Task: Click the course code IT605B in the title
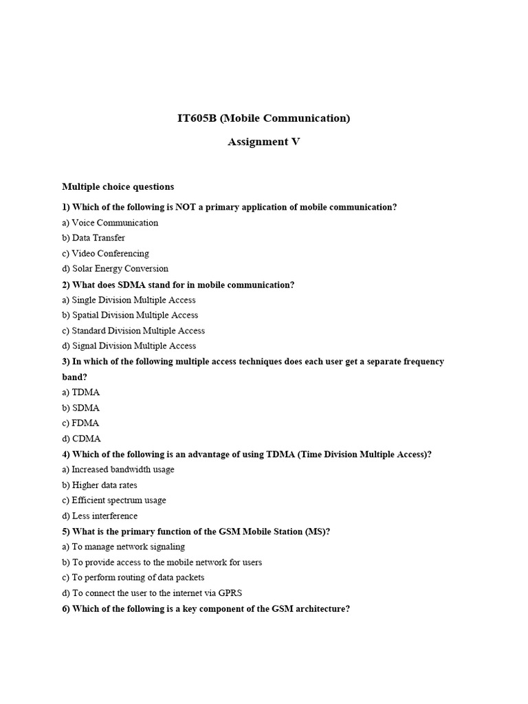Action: (x=197, y=118)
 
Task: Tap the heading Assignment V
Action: (x=264, y=142)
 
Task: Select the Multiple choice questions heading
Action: (x=118, y=186)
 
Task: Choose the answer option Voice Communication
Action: (x=115, y=223)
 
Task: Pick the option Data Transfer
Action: (x=98, y=238)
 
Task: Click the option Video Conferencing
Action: (x=110, y=254)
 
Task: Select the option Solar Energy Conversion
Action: (x=120, y=269)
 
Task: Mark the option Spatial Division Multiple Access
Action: (x=135, y=315)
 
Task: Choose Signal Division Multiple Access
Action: (x=133, y=346)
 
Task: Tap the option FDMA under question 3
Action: (x=86, y=423)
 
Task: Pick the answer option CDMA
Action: (x=86, y=439)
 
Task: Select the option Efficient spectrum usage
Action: (x=118, y=500)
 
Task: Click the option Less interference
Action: (x=104, y=516)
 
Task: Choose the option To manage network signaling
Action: (x=128, y=547)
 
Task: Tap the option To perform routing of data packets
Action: (x=137, y=577)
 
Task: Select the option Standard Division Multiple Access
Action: (x=138, y=331)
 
